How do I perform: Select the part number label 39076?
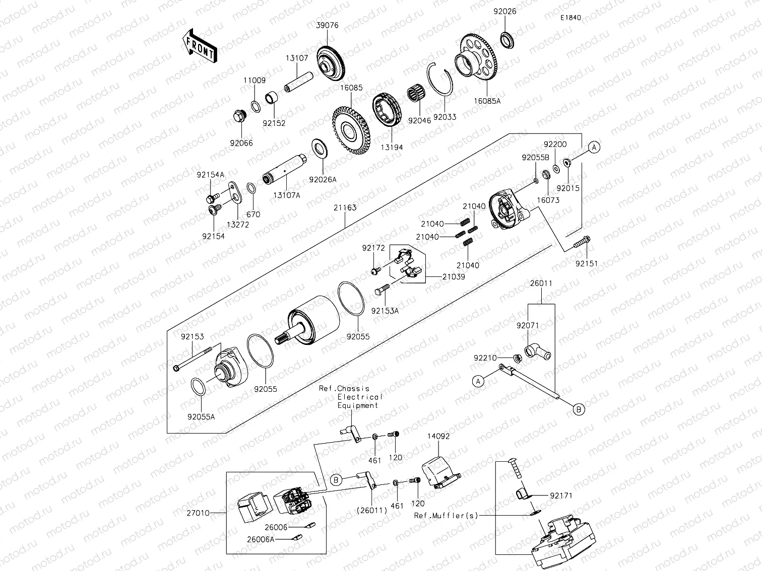[328, 25]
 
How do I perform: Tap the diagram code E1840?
[570, 18]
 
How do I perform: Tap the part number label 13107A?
[287, 195]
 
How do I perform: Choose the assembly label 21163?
[345, 207]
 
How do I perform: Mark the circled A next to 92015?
[594, 148]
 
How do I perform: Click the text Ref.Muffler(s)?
[446, 515]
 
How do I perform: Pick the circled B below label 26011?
[580, 409]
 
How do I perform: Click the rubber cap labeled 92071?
[536, 351]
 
